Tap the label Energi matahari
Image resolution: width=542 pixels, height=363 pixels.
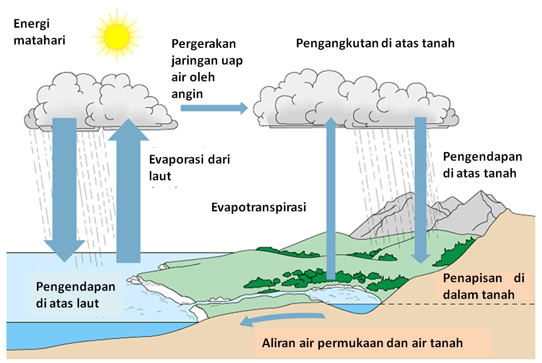(x=38, y=32)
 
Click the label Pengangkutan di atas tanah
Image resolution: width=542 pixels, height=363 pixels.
(x=375, y=43)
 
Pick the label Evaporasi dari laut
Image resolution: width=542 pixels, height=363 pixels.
(x=190, y=167)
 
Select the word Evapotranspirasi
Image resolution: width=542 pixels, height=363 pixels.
(x=259, y=208)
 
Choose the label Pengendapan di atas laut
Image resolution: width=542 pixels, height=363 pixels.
(x=76, y=295)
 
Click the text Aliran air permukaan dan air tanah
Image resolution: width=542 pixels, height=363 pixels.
(x=362, y=342)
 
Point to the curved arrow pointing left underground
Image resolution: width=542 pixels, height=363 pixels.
(x=282, y=319)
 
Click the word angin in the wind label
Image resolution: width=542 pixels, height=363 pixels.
(x=187, y=94)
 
